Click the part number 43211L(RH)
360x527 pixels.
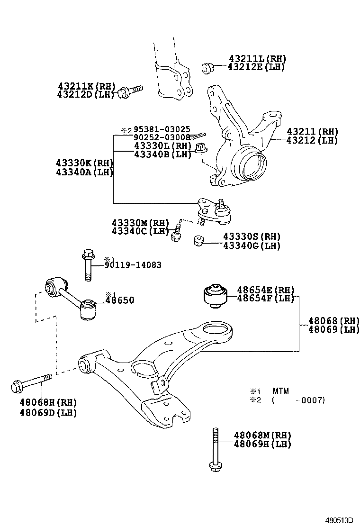pos(257,59)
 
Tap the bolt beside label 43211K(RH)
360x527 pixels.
pos(130,90)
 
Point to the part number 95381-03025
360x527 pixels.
pos(162,129)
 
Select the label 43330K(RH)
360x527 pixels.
pos(85,163)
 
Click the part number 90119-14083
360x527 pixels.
pos(133,265)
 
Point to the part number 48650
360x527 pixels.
pos(119,300)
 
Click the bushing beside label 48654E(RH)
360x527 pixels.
pos(215,295)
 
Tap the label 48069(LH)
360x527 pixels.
pos(333,330)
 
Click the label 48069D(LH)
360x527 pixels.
pos(48,412)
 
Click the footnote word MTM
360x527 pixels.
pos(280,391)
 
